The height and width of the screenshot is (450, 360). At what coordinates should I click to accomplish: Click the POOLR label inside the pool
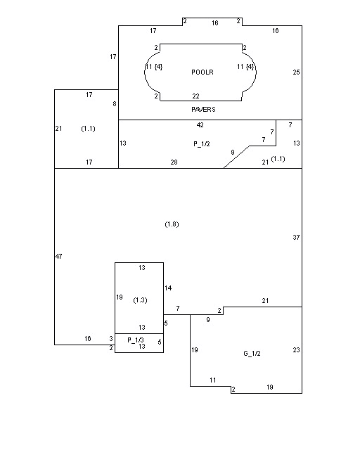(202, 72)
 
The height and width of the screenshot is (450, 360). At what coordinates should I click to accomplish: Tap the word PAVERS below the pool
(203, 110)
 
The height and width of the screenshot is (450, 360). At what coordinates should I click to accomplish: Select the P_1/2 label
(202, 143)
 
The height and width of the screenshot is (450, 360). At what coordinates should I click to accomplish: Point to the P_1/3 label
(136, 340)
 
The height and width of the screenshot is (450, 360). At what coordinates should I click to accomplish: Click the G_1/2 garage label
(252, 353)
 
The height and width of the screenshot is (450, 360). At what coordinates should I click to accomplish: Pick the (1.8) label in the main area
(172, 224)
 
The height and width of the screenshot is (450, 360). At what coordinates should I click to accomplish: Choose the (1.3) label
(140, 300)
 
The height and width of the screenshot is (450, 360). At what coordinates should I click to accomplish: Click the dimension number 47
(58, 256)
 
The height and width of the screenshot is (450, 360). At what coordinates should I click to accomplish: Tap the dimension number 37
(296, 238)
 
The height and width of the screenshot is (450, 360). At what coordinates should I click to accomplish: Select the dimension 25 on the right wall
(296, 72)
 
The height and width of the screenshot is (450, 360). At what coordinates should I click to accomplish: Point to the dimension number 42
(200, 125)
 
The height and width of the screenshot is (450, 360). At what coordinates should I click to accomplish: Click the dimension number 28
(174, 162)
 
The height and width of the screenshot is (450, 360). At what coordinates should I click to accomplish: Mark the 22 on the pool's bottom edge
(195, 96)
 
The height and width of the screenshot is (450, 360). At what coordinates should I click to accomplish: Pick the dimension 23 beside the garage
(296, 350)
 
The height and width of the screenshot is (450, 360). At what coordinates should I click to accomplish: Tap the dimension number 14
(168, 288)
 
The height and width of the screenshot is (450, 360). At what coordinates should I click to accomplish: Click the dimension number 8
(115, 103)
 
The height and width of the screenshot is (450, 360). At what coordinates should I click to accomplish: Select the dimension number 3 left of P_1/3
(111, 339)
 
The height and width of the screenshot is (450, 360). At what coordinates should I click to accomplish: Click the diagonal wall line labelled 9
(236, 157)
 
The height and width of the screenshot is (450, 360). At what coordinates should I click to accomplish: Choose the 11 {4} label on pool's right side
(245, 67)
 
